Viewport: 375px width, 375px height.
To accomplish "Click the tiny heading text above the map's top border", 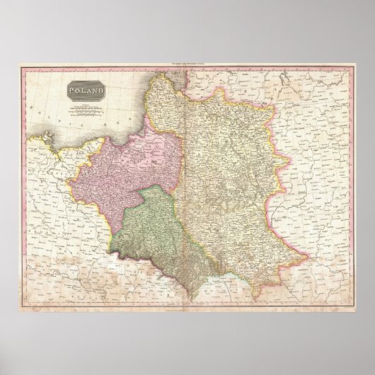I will (x=187, y=64).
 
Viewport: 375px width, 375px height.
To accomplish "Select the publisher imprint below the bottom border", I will (x=187, y=312).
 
